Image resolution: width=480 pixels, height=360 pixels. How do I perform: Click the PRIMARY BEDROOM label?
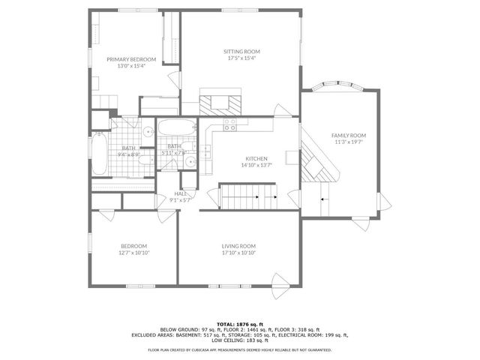(x=131, y=59)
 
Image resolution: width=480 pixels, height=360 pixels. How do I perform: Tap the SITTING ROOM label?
(x=241, y=52)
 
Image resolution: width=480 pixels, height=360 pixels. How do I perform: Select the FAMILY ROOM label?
(x=348, y=135)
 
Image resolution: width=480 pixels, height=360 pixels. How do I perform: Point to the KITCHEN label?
(x=256, y=158)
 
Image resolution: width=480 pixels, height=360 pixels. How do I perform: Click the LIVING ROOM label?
(x=238, y=246)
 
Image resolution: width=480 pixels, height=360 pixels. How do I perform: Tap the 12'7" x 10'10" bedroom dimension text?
(x=134, y=253)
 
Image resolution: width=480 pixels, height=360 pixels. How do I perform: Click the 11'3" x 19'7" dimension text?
(x=348, y=142)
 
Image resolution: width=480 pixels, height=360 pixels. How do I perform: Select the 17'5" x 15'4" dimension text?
(x=241, y=58)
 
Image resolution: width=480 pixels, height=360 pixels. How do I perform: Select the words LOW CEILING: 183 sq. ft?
(x=240, y=341)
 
